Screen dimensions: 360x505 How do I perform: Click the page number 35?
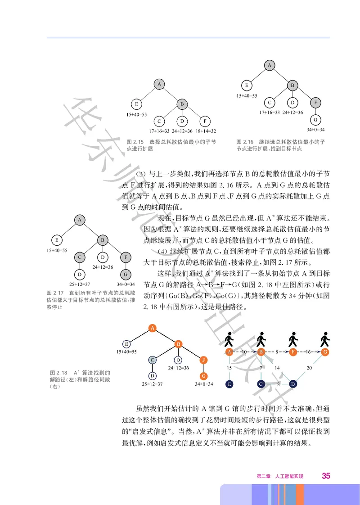click(326, 476)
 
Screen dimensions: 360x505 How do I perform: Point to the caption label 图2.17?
click(54, 293)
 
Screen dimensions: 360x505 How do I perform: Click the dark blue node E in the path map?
click(229, 384)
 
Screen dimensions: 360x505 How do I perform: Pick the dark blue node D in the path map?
click(293, 384)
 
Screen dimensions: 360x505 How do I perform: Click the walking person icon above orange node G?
click(324, 339)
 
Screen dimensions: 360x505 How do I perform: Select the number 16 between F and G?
click(309, 352)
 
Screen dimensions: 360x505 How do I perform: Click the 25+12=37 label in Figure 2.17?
click(79, 284)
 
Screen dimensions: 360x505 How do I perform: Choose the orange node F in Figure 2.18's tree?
click(204, 360)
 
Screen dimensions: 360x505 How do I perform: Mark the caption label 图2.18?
click(58, 373)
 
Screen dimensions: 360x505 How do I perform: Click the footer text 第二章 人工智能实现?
click(280, 476)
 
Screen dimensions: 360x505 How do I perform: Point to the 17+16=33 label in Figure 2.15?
click(159, 131)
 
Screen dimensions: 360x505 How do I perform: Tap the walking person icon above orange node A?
click(229, 339)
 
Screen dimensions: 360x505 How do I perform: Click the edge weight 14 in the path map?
click(277, 368)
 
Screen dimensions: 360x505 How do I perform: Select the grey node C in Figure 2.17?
click(79, 257)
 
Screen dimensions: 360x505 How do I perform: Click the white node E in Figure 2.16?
click(246, 85)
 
